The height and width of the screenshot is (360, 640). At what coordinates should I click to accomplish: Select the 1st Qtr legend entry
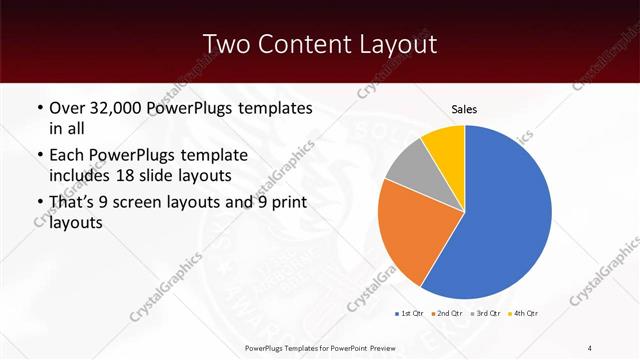tap(410, 314)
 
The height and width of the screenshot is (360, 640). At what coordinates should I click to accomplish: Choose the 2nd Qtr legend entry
tap(446, 314)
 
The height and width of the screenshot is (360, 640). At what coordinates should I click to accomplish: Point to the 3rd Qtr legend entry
tap(485, 314)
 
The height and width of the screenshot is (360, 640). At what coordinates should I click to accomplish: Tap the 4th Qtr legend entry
tap(524, 314)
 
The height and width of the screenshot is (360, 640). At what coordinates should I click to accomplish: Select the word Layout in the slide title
tap(397, 45)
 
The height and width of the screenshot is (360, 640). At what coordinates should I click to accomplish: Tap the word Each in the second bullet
tap(66, 155)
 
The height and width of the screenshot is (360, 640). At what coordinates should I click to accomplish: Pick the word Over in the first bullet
tap(67, 108)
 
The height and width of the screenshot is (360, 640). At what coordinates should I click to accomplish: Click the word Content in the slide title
tap(299, 45)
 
